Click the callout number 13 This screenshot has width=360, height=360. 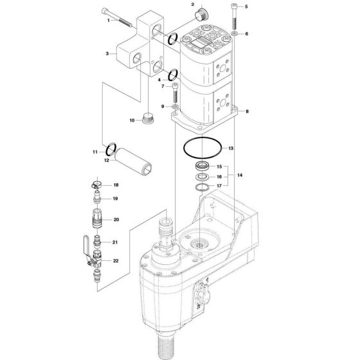click(x=231, y=148)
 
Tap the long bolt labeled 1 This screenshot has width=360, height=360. click(x=116, y=18)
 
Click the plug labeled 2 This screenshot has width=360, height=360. click(x=201, y=14)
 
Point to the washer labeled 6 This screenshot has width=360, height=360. click(x=234, y=33)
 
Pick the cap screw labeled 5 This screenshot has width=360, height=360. click(x=234, y=16)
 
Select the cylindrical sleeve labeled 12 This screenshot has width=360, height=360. click(x=133, y=161)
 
